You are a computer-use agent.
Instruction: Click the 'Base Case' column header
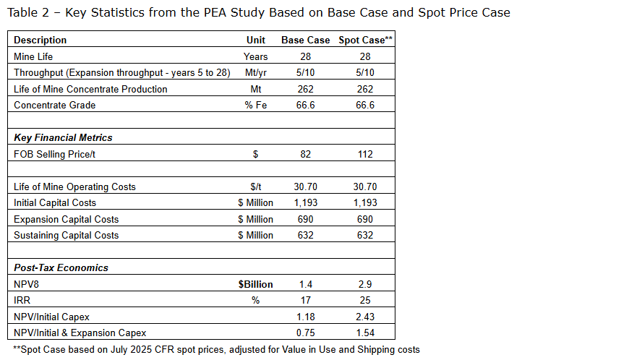305,40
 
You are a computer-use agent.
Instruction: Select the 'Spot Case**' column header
365,40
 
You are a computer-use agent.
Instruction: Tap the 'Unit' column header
256,40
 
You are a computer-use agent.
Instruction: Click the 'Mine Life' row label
34,56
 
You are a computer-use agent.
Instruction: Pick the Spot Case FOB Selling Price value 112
365,154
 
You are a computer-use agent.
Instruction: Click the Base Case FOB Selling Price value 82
305,154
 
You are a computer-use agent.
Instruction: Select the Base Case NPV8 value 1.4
305,284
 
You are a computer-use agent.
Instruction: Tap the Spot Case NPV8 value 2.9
365,284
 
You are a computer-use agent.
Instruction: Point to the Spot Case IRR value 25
365,300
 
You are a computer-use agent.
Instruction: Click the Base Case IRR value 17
305,300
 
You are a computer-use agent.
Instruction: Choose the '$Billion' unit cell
256,284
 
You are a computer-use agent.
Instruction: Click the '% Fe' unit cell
256,106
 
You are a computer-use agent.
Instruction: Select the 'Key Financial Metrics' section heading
63,137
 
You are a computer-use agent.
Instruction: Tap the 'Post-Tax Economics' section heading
61,267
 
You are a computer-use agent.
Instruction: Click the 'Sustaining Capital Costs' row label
66,236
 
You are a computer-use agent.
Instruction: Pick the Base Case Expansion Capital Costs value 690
305,219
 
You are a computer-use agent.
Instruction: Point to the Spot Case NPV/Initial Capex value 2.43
365,317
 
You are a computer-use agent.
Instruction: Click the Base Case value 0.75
305,333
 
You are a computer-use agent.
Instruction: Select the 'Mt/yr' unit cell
256,73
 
